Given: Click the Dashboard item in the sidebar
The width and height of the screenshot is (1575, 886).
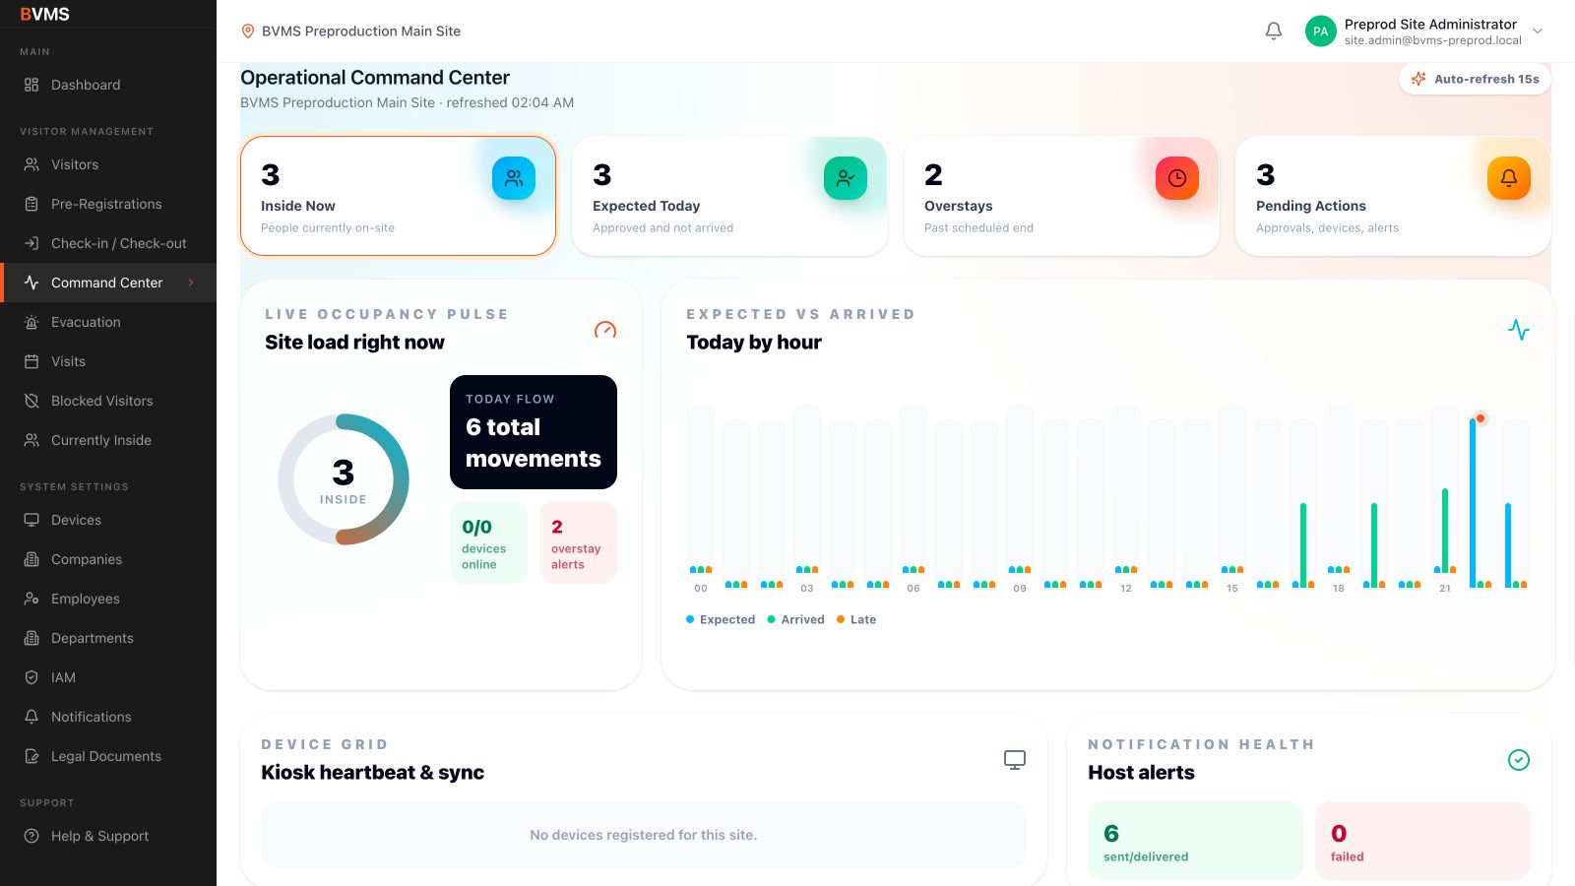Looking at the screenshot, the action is point(85,85).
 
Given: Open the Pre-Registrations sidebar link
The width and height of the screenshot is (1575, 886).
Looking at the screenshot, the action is point(106,204).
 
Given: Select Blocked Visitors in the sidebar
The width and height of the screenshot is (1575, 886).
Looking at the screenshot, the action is point(102,401).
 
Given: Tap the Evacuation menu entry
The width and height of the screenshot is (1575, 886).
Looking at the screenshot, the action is point(86,322).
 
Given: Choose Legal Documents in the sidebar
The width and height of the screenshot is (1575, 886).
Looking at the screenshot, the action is point(106,756).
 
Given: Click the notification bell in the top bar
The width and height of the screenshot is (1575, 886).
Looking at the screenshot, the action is point(1274,31).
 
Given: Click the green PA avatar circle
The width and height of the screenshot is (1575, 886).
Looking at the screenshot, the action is point(1320,32).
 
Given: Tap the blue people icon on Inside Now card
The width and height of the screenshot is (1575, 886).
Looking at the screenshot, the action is point(513,178).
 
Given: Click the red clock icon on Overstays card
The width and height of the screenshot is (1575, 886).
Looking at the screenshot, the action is point(1177,178).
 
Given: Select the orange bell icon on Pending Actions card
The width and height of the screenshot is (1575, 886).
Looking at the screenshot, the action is point(1509,178).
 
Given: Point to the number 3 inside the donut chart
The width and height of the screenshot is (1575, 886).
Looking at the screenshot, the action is point(344,473).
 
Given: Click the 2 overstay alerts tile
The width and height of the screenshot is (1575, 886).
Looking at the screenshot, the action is point(578,542).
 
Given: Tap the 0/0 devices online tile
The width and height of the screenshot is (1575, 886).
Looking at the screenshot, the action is point(488,542).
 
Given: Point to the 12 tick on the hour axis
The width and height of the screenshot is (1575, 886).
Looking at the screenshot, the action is point(1126,589).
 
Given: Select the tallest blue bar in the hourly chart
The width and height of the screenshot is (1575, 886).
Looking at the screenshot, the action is point(1473,503).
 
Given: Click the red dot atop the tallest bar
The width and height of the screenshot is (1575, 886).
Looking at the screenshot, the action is point(1480,418).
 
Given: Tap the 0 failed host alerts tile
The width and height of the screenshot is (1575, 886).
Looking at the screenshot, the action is point(1422,841).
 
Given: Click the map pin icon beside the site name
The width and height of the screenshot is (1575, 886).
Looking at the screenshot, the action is point(247,31).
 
